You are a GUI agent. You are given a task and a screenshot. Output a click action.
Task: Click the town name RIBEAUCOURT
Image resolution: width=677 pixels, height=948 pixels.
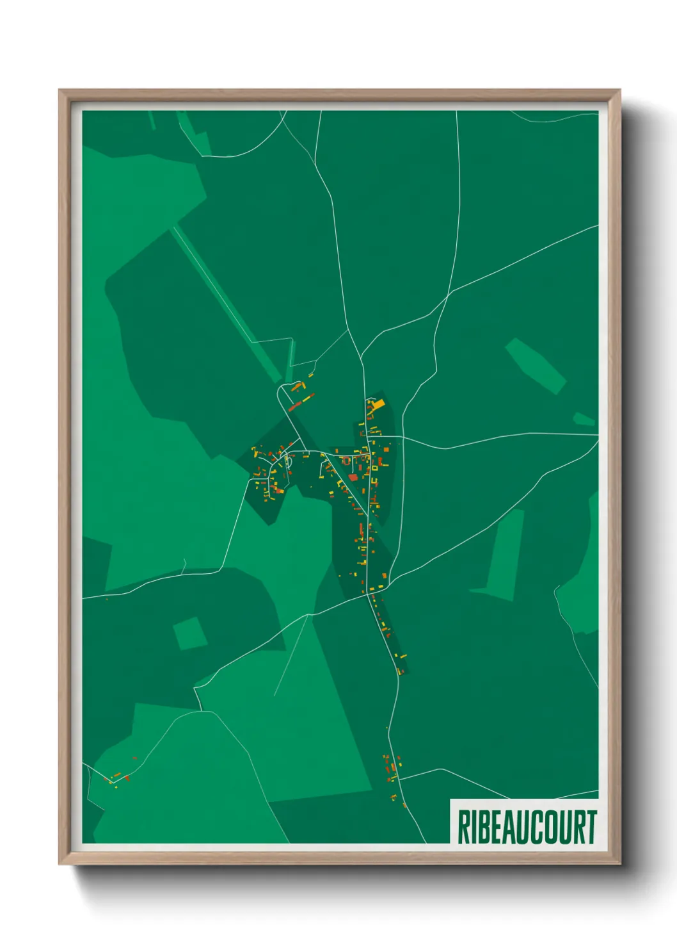[527, 827]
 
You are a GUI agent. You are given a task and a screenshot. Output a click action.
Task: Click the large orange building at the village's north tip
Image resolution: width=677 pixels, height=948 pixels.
[378, 404]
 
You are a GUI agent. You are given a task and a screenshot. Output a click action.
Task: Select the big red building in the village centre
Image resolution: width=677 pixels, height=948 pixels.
[353, 477]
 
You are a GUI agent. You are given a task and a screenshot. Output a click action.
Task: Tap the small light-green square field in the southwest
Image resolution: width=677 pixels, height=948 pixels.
[189, 633]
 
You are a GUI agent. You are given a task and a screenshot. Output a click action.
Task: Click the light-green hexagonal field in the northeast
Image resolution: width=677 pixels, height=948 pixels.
[536, 366]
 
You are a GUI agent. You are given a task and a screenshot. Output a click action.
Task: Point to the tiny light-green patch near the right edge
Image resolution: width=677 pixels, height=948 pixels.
[584, 420]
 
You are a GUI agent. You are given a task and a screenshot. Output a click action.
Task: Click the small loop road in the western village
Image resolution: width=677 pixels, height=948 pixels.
[288, 461]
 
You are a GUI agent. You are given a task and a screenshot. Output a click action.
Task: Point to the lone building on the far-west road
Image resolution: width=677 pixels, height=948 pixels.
[107, 599]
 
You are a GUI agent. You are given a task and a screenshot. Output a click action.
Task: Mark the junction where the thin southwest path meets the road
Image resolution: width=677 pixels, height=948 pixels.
[308, 616]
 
